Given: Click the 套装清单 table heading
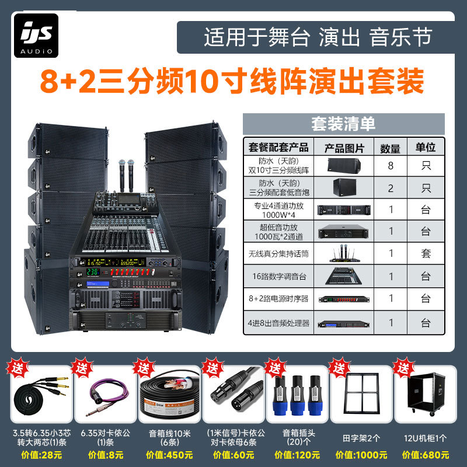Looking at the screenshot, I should pos(343,124).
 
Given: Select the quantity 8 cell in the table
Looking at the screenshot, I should pos(391,166).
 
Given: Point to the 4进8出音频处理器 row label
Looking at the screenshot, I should pos(278,322).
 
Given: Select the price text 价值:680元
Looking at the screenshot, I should pos(426,455).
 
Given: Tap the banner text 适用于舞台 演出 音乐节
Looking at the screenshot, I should pos(318,37).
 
